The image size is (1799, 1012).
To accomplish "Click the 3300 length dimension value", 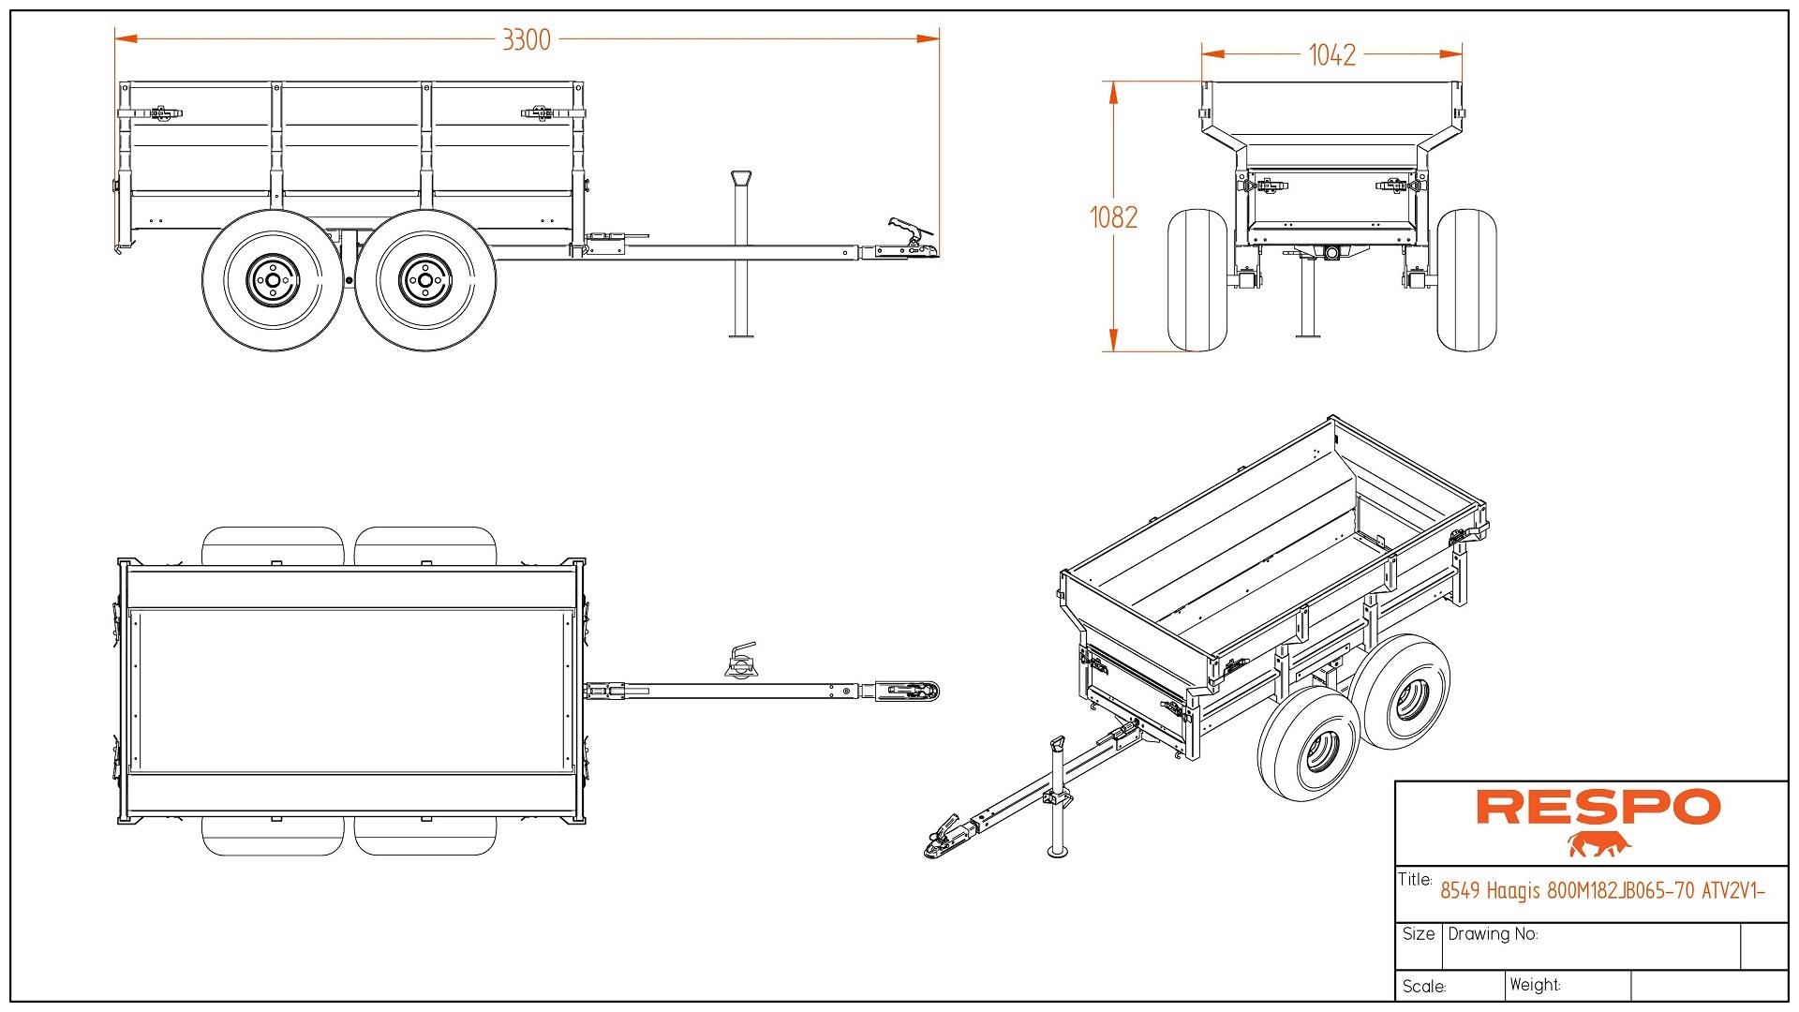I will [527, 39].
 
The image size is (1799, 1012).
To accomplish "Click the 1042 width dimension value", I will [1331, 55].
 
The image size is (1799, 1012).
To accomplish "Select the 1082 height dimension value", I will [1113, 217].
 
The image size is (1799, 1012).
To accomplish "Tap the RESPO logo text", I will [1598, 808].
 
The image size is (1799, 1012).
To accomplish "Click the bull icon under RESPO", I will [1599, 844].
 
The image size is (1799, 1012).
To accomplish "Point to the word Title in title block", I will [1415, 880].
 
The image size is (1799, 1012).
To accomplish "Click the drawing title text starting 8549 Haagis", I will [1602, 891].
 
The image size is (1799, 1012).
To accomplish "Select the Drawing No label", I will [1493, 934].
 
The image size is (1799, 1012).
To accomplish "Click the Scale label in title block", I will [1424, 987].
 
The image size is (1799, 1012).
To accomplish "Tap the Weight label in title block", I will [1535, 985].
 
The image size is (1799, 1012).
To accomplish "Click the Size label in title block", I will [1419, 934].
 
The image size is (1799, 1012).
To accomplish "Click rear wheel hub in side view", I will [272, 278].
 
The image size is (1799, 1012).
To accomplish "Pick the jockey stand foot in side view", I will [742, 334].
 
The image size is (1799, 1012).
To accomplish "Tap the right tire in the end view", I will [1465, 280].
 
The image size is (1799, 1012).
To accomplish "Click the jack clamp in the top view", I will [740, 662].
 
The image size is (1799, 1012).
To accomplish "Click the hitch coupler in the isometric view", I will [944, 841].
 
